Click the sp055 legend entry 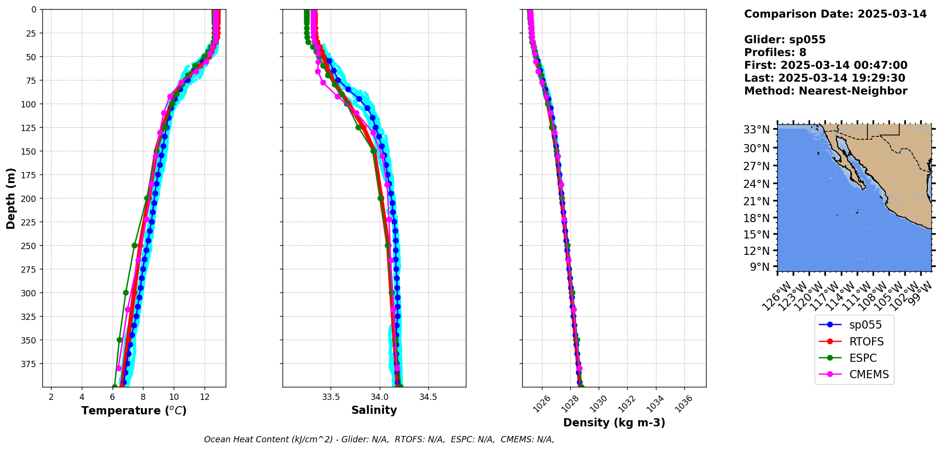coord(865,325)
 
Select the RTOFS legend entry coord(866,342)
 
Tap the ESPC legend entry coord(862,358)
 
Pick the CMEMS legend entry coord(869,374)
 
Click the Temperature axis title coord(134,410)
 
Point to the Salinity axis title coord(374,410)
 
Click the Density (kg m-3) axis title coord(614,423)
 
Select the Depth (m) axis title coord(11,198)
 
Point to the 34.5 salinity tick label coord(428,397)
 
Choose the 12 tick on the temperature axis coord(205,397)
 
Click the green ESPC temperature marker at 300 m coord(126,292)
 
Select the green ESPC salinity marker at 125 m coord(358,127)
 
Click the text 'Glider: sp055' coord(785,40)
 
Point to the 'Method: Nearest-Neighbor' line coord(825,91)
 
